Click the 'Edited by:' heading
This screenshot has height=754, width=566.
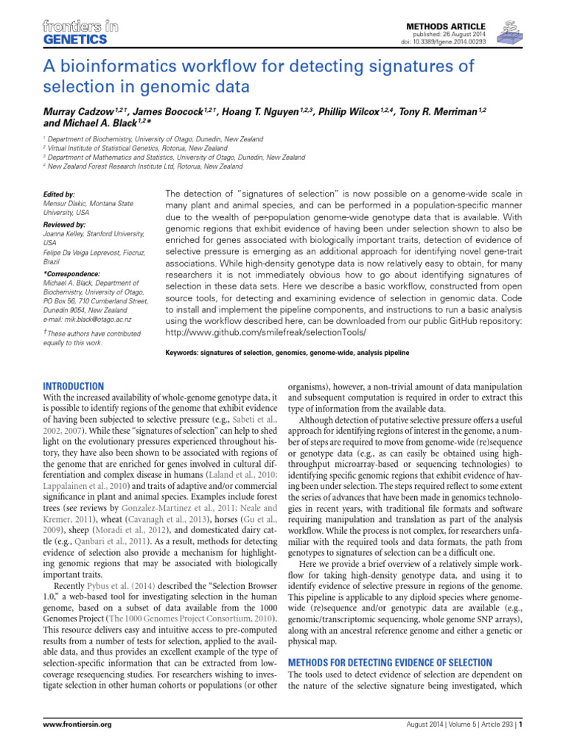[x=60, y=194]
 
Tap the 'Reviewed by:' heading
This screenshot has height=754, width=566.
[x=65, y=224]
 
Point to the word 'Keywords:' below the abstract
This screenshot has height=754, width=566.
[x=183, y=353]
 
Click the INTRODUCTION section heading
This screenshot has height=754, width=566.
[x=74, y=387]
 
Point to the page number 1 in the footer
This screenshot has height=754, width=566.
[x=521, y=725]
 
